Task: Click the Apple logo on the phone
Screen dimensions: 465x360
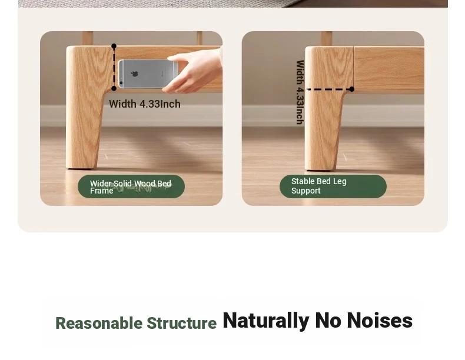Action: click(x=135, y=74)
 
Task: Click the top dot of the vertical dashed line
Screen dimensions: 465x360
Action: click(x=114, y=46)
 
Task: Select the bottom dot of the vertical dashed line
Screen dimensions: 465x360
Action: click(x=114, y=88)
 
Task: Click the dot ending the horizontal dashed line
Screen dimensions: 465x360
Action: click(x=352, y=89)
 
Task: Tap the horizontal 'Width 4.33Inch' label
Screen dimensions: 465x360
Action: click(x=145, y=104)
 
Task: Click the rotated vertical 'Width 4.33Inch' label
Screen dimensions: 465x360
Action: click(x=300, y=92)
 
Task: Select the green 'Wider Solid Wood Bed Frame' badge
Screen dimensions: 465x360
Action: click(x=131, y=186)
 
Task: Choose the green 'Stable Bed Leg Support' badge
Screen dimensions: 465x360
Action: click(x=333, y=186)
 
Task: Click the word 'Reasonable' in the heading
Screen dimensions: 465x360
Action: click(x=99, y=323)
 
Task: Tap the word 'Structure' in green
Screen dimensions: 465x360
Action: click(x=181, y=323)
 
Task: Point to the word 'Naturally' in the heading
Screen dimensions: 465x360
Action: click(x=266, y=321)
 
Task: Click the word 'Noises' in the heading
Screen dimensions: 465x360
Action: click(x=380, y=321)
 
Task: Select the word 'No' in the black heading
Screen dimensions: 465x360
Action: click(x=328, y=321)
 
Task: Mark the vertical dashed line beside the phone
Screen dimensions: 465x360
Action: click(x=114, y=67)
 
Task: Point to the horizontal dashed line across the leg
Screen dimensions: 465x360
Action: click(x=329, y=89)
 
